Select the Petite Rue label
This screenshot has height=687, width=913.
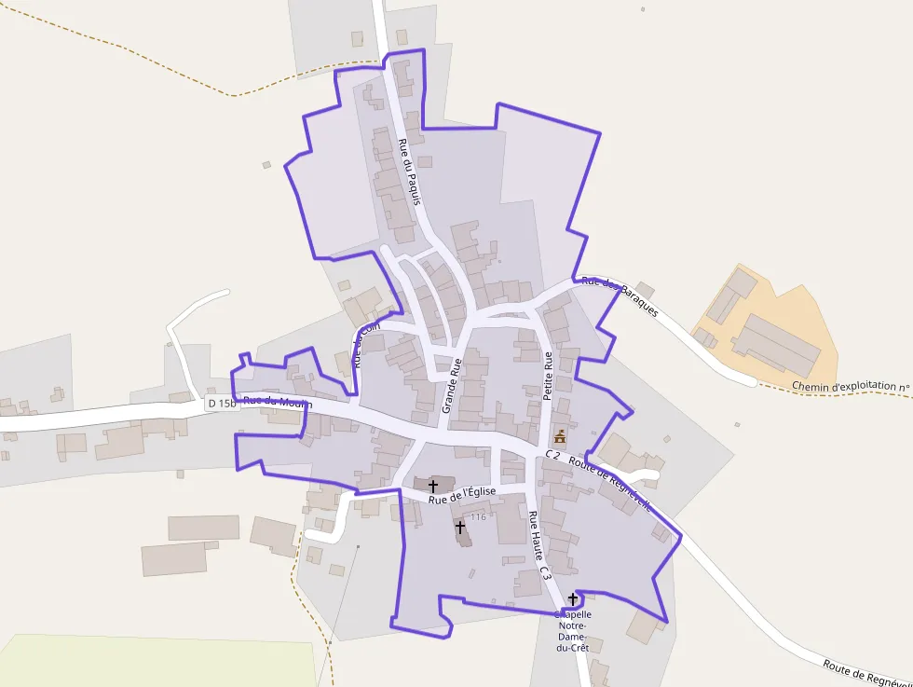click(548, 376)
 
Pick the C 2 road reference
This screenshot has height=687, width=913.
click(552, 455)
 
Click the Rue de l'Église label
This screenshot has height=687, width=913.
click(462, 495)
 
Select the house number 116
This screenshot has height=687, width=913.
click(479, 516)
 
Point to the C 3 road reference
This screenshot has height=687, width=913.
click(545, 570)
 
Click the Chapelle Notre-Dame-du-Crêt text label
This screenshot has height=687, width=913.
click(573, 631)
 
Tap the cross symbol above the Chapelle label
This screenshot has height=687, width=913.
click(572, 598)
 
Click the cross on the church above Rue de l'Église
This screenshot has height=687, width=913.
click(432, 486)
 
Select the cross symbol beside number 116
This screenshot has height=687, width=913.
click(460, 527)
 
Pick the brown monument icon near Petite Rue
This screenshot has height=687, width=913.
click(560, 436)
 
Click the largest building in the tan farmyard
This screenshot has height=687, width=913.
click(775, 345)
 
